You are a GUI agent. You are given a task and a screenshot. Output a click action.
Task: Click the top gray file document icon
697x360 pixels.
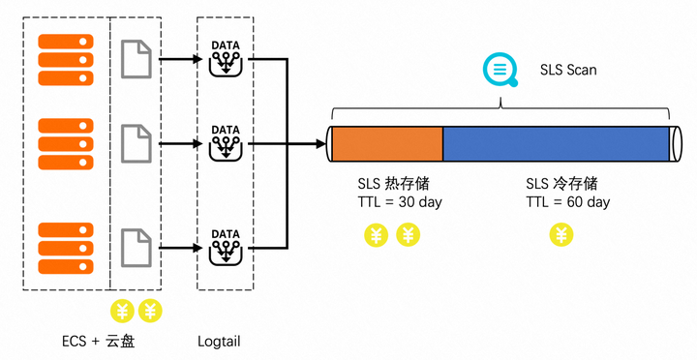pyautogui.click(x=136, y=59)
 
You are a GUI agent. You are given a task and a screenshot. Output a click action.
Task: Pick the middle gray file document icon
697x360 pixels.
pyautogui.click(x=136, y=144)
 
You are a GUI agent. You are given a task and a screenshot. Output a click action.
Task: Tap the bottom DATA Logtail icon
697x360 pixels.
pyautogui.click(x=225, y=248)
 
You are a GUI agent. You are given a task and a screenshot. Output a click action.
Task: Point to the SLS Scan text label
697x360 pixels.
pyautogui.click(x=568, y=71)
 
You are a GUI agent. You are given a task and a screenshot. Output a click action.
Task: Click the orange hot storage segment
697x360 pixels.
pyautogui.click(x=387, y=144)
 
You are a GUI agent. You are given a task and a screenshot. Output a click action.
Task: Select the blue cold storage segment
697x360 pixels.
pyautogui.click(x=556, y=144)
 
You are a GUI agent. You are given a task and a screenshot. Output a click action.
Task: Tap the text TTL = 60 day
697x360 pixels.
pyautogui.click(x=568, y=202)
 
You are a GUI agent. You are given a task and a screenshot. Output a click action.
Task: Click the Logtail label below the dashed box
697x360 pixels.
pyautogui.click(x=218, y=341)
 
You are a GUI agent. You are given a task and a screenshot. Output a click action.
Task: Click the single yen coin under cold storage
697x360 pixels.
pyautogui.click(x=561, y=234)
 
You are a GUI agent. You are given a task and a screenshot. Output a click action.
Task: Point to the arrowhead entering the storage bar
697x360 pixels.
pyautogui.click(x=320, y=144)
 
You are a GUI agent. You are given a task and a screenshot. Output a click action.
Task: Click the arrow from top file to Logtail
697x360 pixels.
pyautogui.click(x=179, y=60)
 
